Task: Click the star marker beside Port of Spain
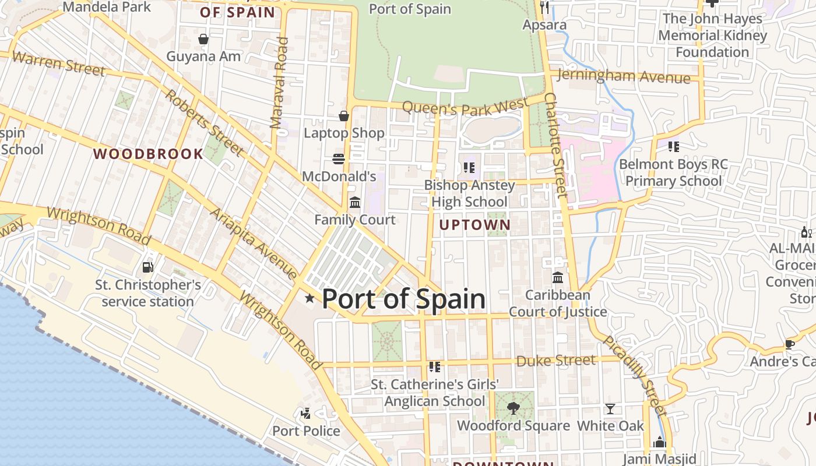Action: point(309,298)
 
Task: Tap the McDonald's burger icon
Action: point(339,158)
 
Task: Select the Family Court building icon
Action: point(354,202)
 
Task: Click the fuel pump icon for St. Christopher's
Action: point(148,267)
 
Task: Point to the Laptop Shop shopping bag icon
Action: point(344,116)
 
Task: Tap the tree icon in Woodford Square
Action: point(513,408)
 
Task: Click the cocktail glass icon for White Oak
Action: point(610,408)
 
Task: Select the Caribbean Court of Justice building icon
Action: point(558,277)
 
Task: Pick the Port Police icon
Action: point(305,414)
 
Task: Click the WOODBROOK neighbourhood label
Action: point(149,154)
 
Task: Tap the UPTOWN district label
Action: point(475,225)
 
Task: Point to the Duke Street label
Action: point(556,361)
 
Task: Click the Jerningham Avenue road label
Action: point(624,76)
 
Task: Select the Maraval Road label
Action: point(279,83)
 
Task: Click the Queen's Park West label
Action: point(465,107)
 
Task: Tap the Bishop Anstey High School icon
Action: point(469,168)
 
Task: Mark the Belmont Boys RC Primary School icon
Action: point(674,146)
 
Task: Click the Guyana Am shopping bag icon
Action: point(203,39)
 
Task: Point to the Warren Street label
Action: point(58,63)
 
